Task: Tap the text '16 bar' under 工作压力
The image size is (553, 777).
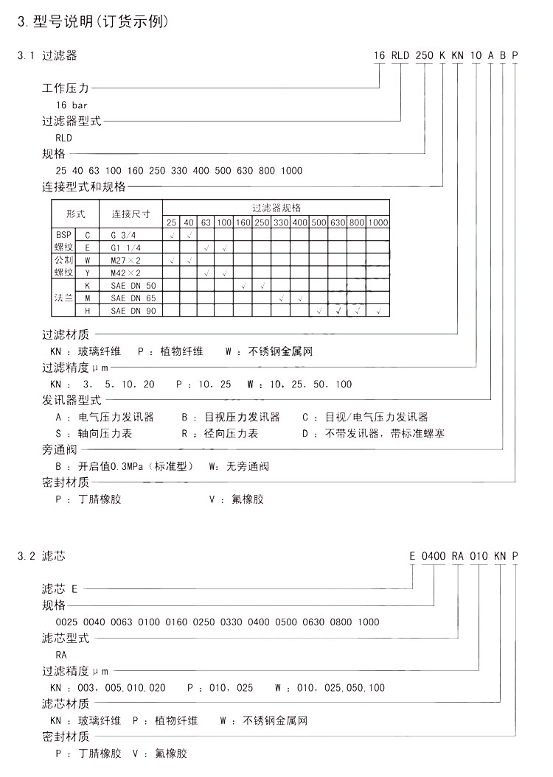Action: click(71, 105)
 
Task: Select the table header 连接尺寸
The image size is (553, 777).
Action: click(131, 214)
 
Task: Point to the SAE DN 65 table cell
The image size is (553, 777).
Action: click(128, 298)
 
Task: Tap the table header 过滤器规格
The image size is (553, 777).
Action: click(276, 208)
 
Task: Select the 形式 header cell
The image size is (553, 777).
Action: click(76, 214)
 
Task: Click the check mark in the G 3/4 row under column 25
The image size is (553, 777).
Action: click(171, 234)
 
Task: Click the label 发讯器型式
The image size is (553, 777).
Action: click(71, 400)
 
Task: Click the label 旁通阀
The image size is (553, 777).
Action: click(60, 449)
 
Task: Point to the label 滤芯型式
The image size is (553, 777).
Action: click(66, 638)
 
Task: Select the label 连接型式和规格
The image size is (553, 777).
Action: click(84, 187)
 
